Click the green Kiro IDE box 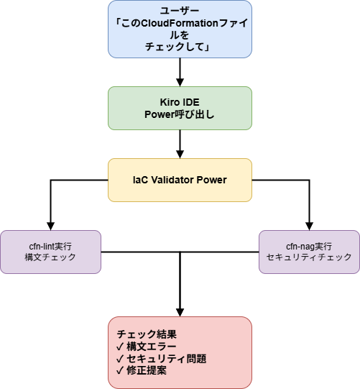click(x=180, y=108)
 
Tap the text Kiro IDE click(x=180, y=101)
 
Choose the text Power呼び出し click(x=180, y=114)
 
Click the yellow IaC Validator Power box click(x=180, y=180)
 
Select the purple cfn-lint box click(x=50, y=252)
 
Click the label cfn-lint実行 click(x=50, y=246)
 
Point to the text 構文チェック click(x=50, y=257)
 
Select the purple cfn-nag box click(x=309, y=252)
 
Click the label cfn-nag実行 click(x=309, y=246)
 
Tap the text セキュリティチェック click(x=309, y=257)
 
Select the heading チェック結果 click(x=147, y=334)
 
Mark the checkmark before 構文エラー click(x=120, y=347)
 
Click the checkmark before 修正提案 click(x=120, y=371)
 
